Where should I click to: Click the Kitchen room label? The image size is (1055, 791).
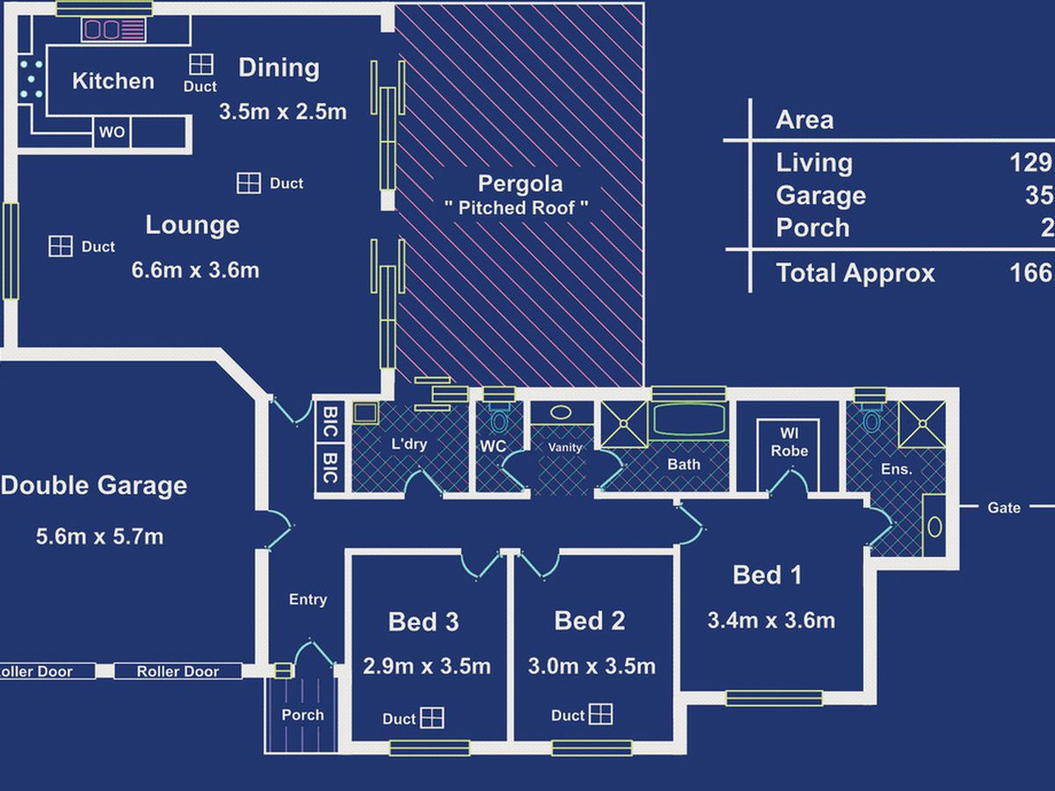tap(113, 81)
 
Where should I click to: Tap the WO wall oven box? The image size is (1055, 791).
tap(112, 132)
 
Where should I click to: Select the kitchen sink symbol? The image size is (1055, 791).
tap(114, 30)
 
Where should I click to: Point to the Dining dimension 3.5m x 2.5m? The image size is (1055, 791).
tap(282, 112)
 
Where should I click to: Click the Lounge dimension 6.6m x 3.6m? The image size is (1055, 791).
tap(195, 271)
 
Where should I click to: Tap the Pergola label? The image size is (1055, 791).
tap(520, 184)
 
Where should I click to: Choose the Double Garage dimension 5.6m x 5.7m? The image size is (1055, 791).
tap(99, 536)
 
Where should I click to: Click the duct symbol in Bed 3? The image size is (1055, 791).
tap(432, 718)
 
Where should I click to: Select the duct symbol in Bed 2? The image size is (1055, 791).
tap(600, 715)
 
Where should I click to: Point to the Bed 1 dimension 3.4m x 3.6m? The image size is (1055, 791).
tap(771, 620)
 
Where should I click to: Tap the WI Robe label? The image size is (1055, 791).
tap(789, 442)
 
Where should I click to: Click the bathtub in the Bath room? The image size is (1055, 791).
tap(689, 420)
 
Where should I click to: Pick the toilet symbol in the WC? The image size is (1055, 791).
tap(499, 419)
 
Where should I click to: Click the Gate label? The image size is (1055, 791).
tap(1004, 508)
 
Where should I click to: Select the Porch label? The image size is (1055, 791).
tap(302, 715)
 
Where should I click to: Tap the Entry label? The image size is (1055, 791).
tap(308, 599)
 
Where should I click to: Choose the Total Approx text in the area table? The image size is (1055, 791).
tap(855, 273)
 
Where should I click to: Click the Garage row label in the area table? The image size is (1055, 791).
tap(821, 195)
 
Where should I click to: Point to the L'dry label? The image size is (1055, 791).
tap(409, 444)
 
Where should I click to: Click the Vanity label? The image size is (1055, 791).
tap(564, 447)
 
